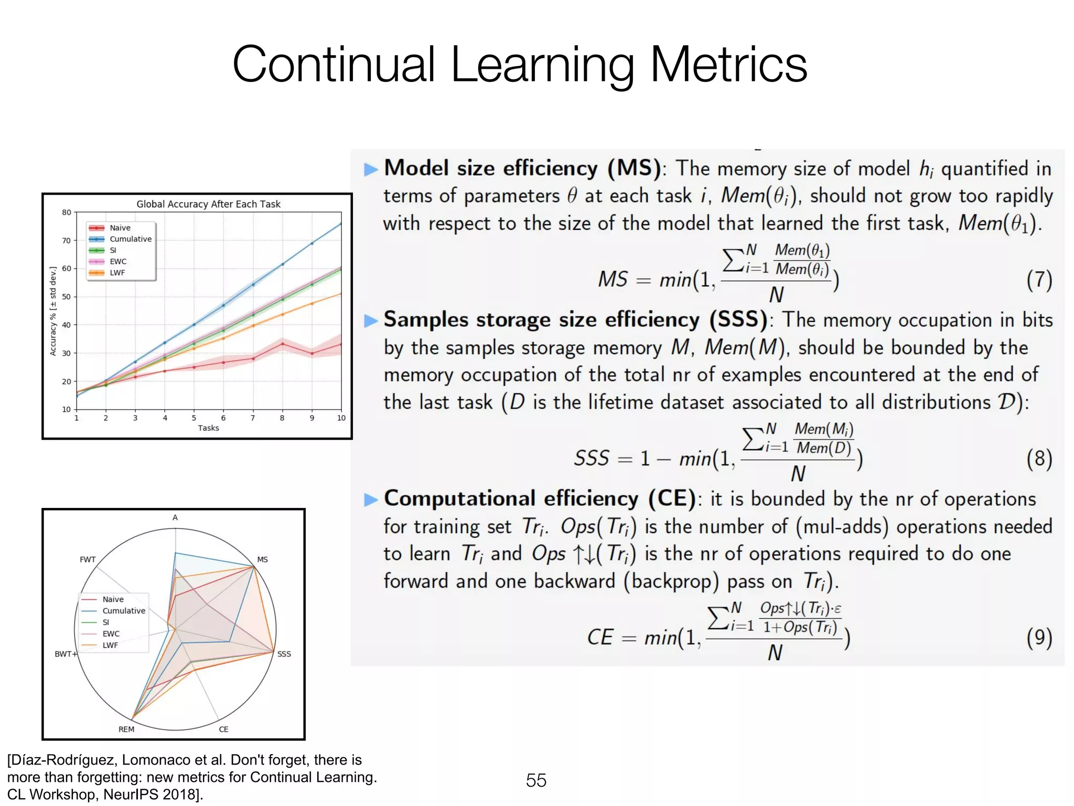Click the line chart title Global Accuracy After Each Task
click(208, 204)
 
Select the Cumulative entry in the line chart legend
click(130, 239)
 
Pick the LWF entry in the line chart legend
click(117, 273)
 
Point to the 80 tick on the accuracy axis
click(66, 213)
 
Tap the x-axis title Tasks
click(208, 428)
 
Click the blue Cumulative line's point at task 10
click(341, 224)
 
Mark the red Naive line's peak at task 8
click(283, 344)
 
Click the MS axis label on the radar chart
click(262, 559)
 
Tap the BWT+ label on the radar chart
click(66, 654)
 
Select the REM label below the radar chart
click(126, 729)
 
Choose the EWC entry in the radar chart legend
click(111, 634)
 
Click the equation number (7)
click(1039, 280)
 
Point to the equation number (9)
click(1039, 638)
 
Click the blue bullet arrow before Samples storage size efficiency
click(371, 321)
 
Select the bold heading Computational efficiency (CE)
click(539, 499)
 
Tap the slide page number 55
click(536, 780)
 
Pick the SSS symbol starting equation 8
click(592, 458)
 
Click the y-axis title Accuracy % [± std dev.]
click(53, 311)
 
